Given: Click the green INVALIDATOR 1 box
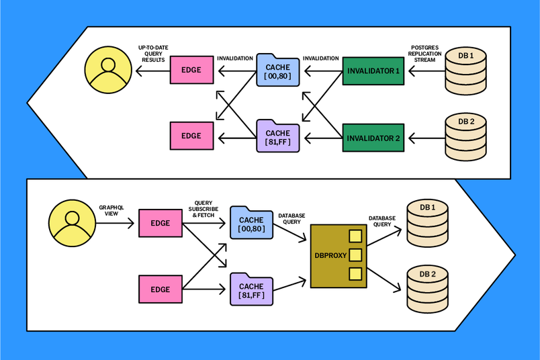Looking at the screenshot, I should click(x=373, y=71).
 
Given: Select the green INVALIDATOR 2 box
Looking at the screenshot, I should click(x=373, y=138).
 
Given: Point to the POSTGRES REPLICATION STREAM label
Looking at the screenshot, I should click(x=424, y=54).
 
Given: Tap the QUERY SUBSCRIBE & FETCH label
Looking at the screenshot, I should click(x=203, y=208).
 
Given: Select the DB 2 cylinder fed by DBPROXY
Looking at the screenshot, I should click(x=428, y=288).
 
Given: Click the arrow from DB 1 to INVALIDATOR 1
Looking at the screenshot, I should click(x=425, y=71).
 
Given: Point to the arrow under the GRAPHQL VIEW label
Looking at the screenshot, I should click(x=115, y=222).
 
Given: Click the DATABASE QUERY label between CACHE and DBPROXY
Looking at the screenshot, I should click(x=291, y=220).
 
